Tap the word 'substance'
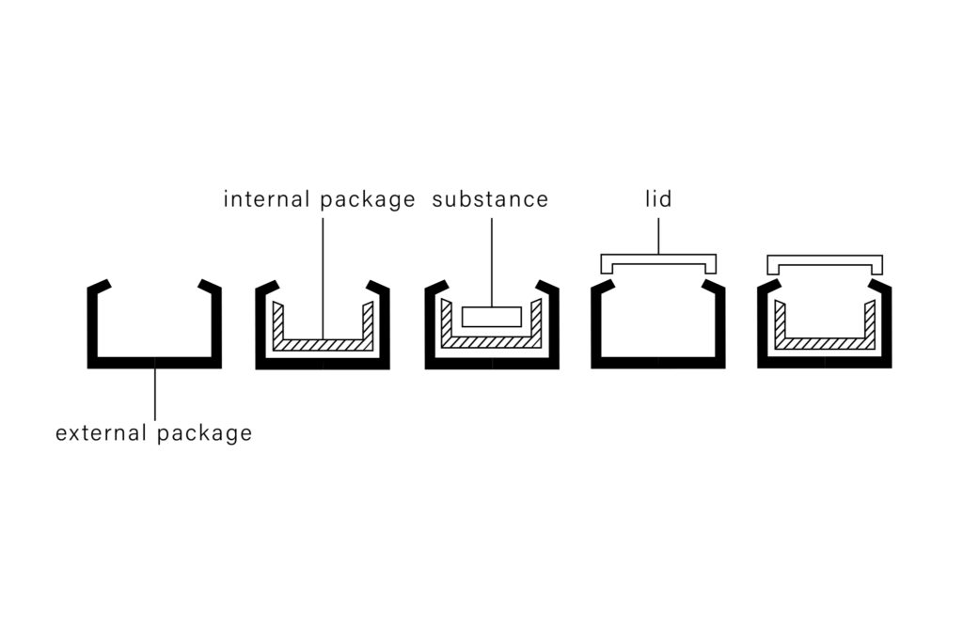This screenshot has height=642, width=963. pos(490,199)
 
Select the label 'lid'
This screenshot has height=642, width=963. pos(658,199)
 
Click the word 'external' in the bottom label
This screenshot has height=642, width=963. pos(102,433)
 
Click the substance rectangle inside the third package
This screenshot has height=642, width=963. pos(491,317)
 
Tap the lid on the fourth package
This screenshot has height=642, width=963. pos(658,258)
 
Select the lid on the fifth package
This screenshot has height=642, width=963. pos(824,260)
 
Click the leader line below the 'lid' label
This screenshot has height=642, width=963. pos(658,235)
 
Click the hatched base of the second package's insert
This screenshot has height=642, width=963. pos(323,344)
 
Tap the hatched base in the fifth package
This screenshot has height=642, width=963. pos(825,343)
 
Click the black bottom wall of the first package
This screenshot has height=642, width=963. pos(155,362)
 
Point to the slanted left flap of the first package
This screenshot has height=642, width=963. pos(101,285)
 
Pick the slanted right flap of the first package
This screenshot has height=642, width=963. pos(210,285)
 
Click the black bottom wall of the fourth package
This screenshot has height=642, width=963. pos(658,362)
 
